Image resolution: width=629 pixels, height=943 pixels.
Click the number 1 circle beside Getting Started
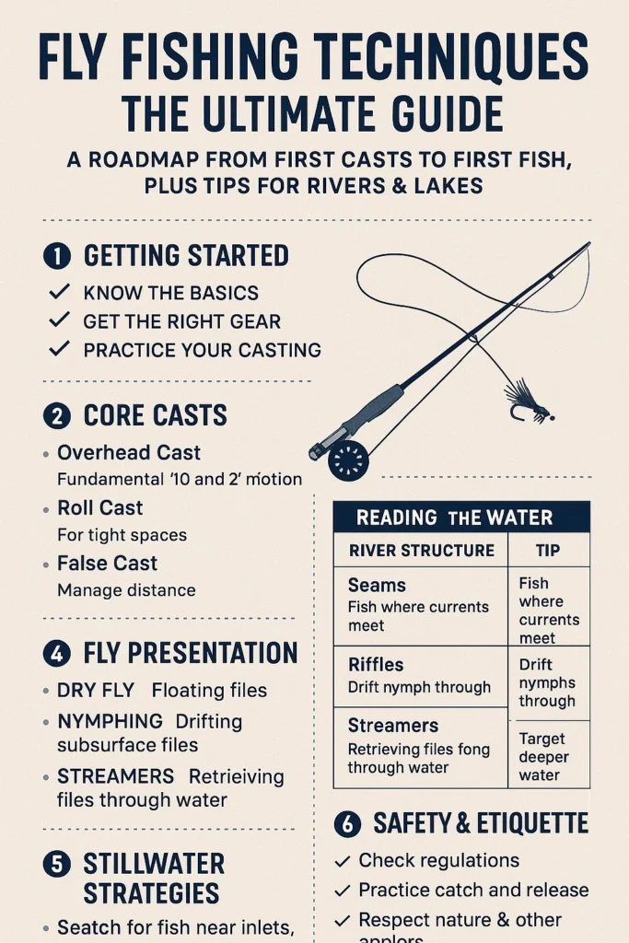point(57,256)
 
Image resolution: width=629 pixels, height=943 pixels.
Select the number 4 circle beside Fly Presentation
point(57,654)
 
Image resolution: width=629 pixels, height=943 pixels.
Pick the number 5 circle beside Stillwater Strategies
point(57,864)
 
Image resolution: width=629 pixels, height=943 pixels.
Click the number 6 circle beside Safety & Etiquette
point(346,823)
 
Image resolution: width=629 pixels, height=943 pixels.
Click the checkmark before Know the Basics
point(59,292)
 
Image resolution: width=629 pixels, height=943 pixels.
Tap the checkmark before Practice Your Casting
point(59,349)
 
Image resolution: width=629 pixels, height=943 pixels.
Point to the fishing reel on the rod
point(347,459)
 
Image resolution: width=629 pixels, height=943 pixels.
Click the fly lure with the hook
point(526,402)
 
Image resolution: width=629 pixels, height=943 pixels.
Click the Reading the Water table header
point(460,517)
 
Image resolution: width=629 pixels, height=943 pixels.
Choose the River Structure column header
point(422,551)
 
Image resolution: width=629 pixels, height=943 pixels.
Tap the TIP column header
point(548,551)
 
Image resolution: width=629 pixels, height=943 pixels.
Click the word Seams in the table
point(377,585)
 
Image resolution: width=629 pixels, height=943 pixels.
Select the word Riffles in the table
point(376,664)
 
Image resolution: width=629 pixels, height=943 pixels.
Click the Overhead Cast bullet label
point(129,452)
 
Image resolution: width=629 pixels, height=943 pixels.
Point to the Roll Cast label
point(100,507)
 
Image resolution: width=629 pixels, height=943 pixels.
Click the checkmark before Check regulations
point(343,861)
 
